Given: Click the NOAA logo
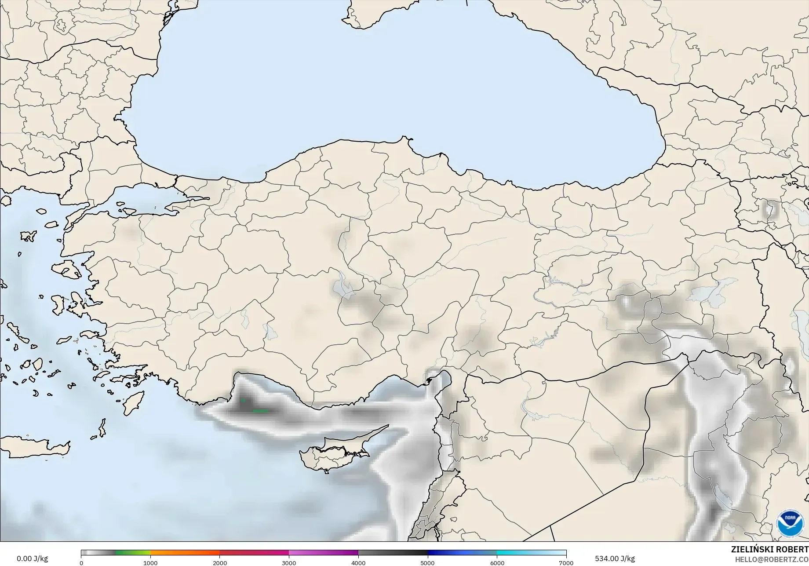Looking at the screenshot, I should (790, 523).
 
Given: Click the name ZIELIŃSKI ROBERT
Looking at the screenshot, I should (769, 549).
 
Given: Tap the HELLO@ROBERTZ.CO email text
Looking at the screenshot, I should (772, 559).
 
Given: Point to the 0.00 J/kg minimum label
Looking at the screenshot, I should (32, 559).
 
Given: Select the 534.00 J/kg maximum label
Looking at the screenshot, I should (615, 559).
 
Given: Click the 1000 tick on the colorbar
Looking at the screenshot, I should (150, 562).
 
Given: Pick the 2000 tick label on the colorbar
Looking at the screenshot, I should (220, 562).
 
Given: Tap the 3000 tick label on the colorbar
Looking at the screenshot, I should (289, 562).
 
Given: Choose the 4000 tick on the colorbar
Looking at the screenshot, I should (358, 562).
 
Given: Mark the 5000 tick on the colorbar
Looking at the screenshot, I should (427, 562).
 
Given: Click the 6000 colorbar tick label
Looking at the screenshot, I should (497, 562).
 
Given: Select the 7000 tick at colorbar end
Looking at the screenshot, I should (566, 562).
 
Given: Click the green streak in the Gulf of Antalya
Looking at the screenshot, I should (260, 411).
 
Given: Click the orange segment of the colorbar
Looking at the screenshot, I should (185, 553).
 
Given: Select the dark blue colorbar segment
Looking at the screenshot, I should (462, 553).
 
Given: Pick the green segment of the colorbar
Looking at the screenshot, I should (132, 553).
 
